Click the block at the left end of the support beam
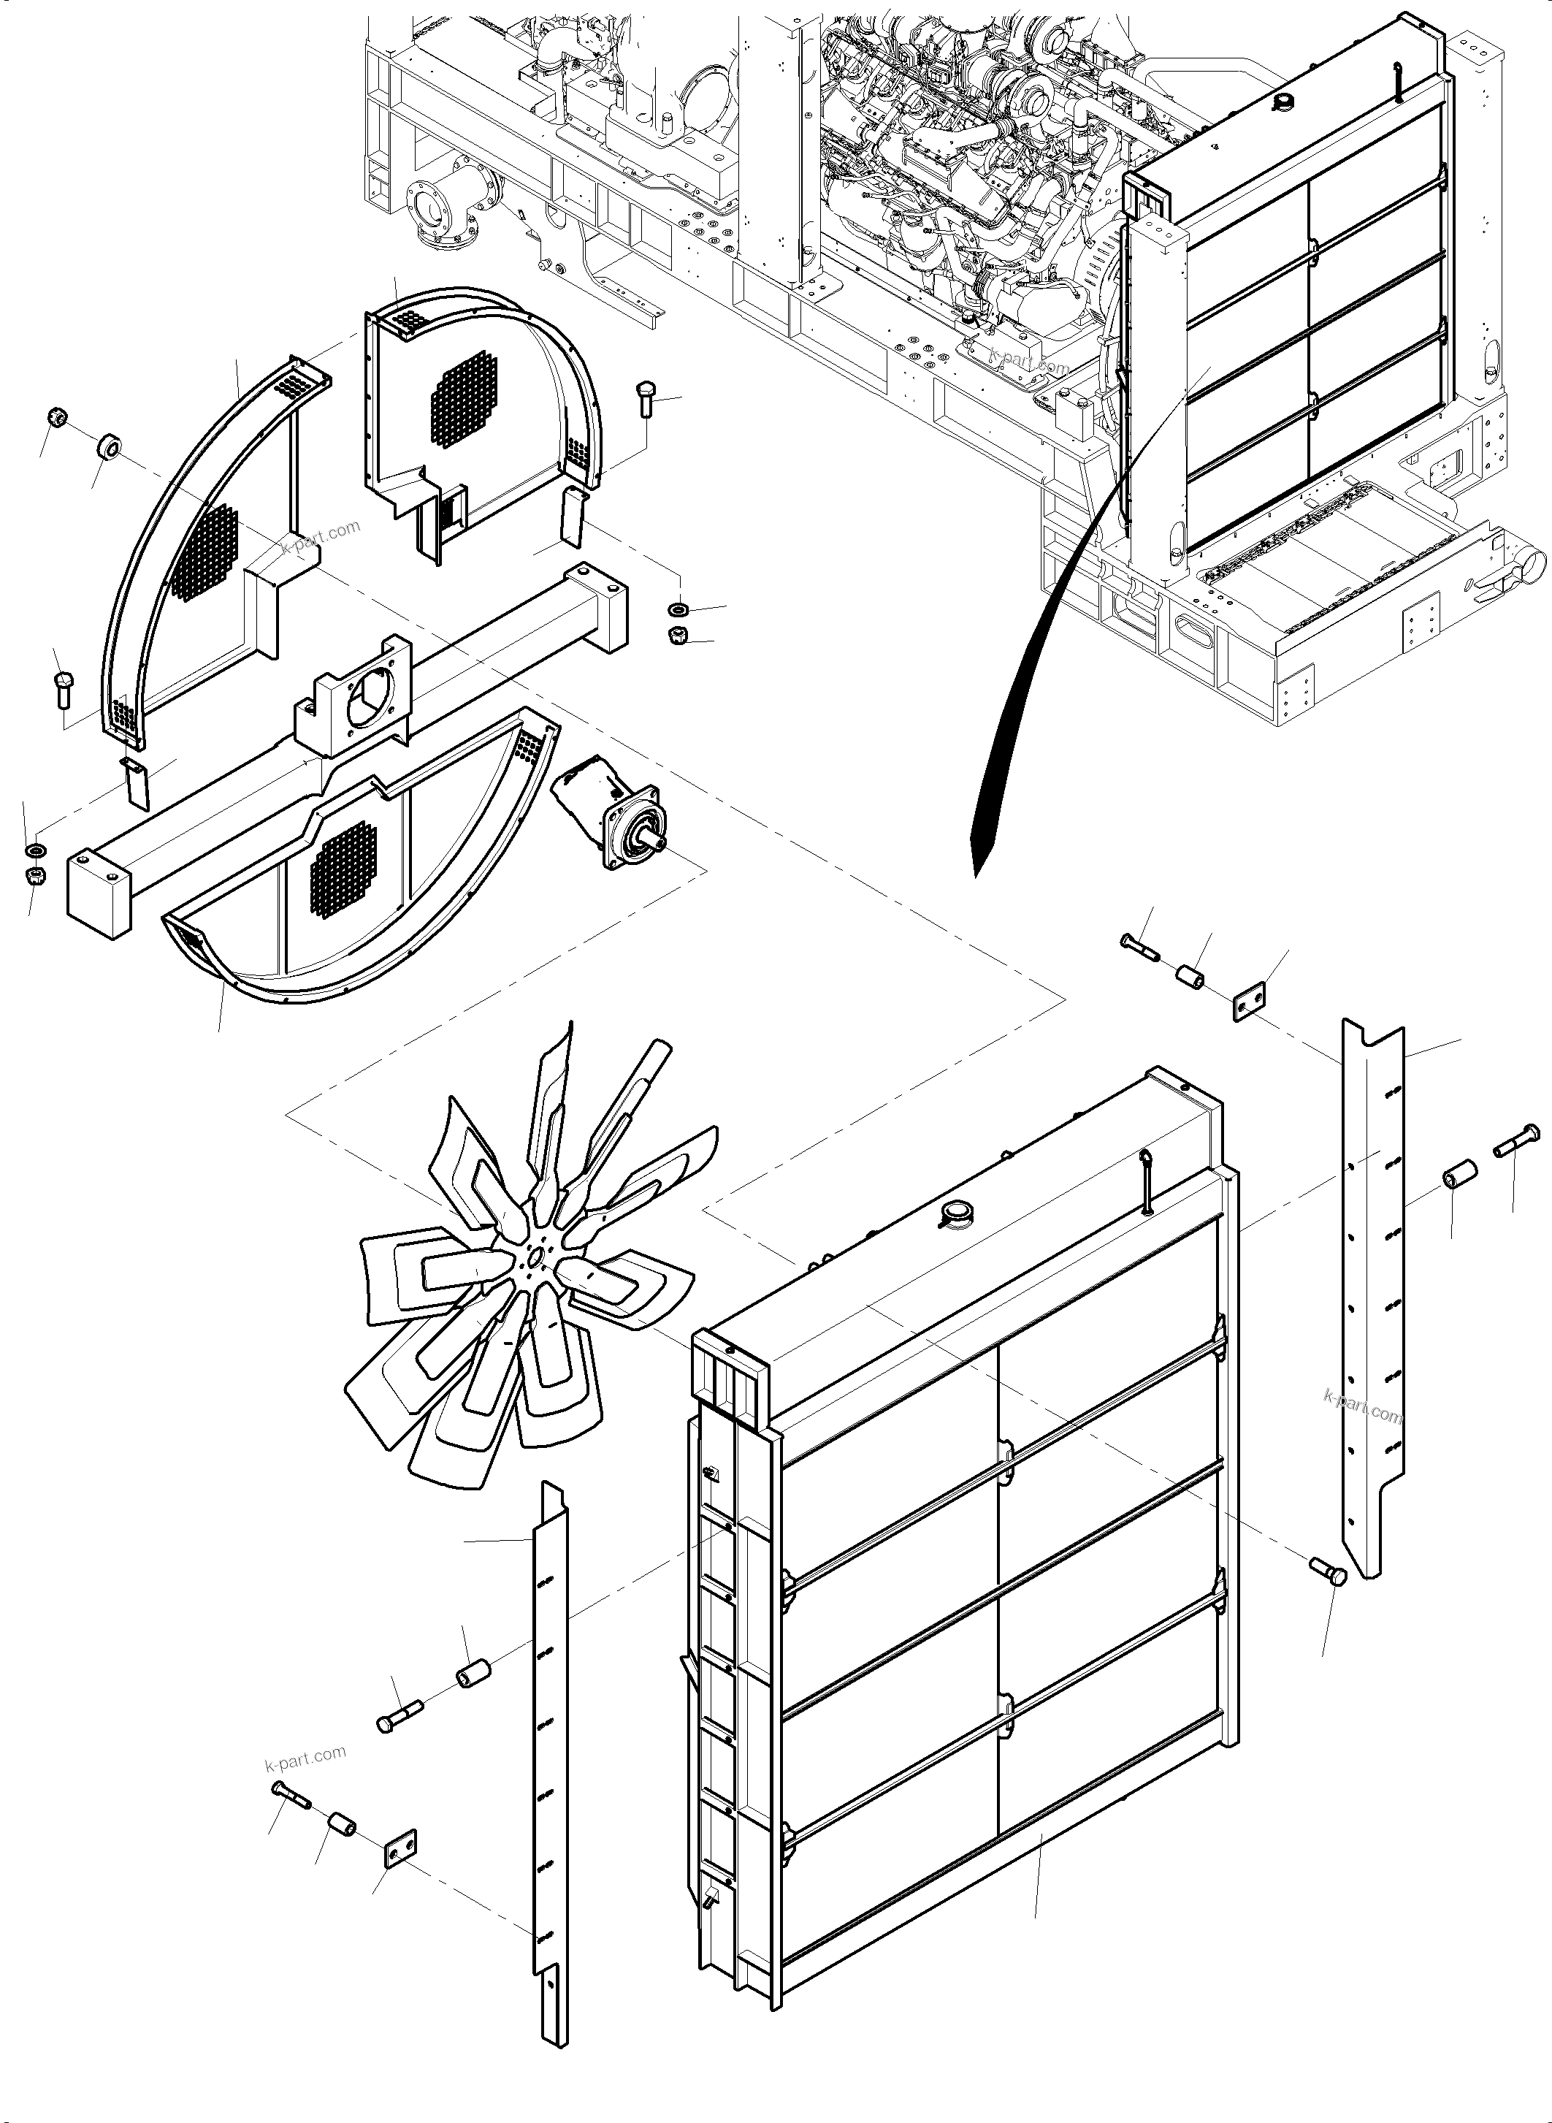[x=98, y=892]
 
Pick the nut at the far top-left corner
[x=56, y=417]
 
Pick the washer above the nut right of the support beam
[x=676, y=611]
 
